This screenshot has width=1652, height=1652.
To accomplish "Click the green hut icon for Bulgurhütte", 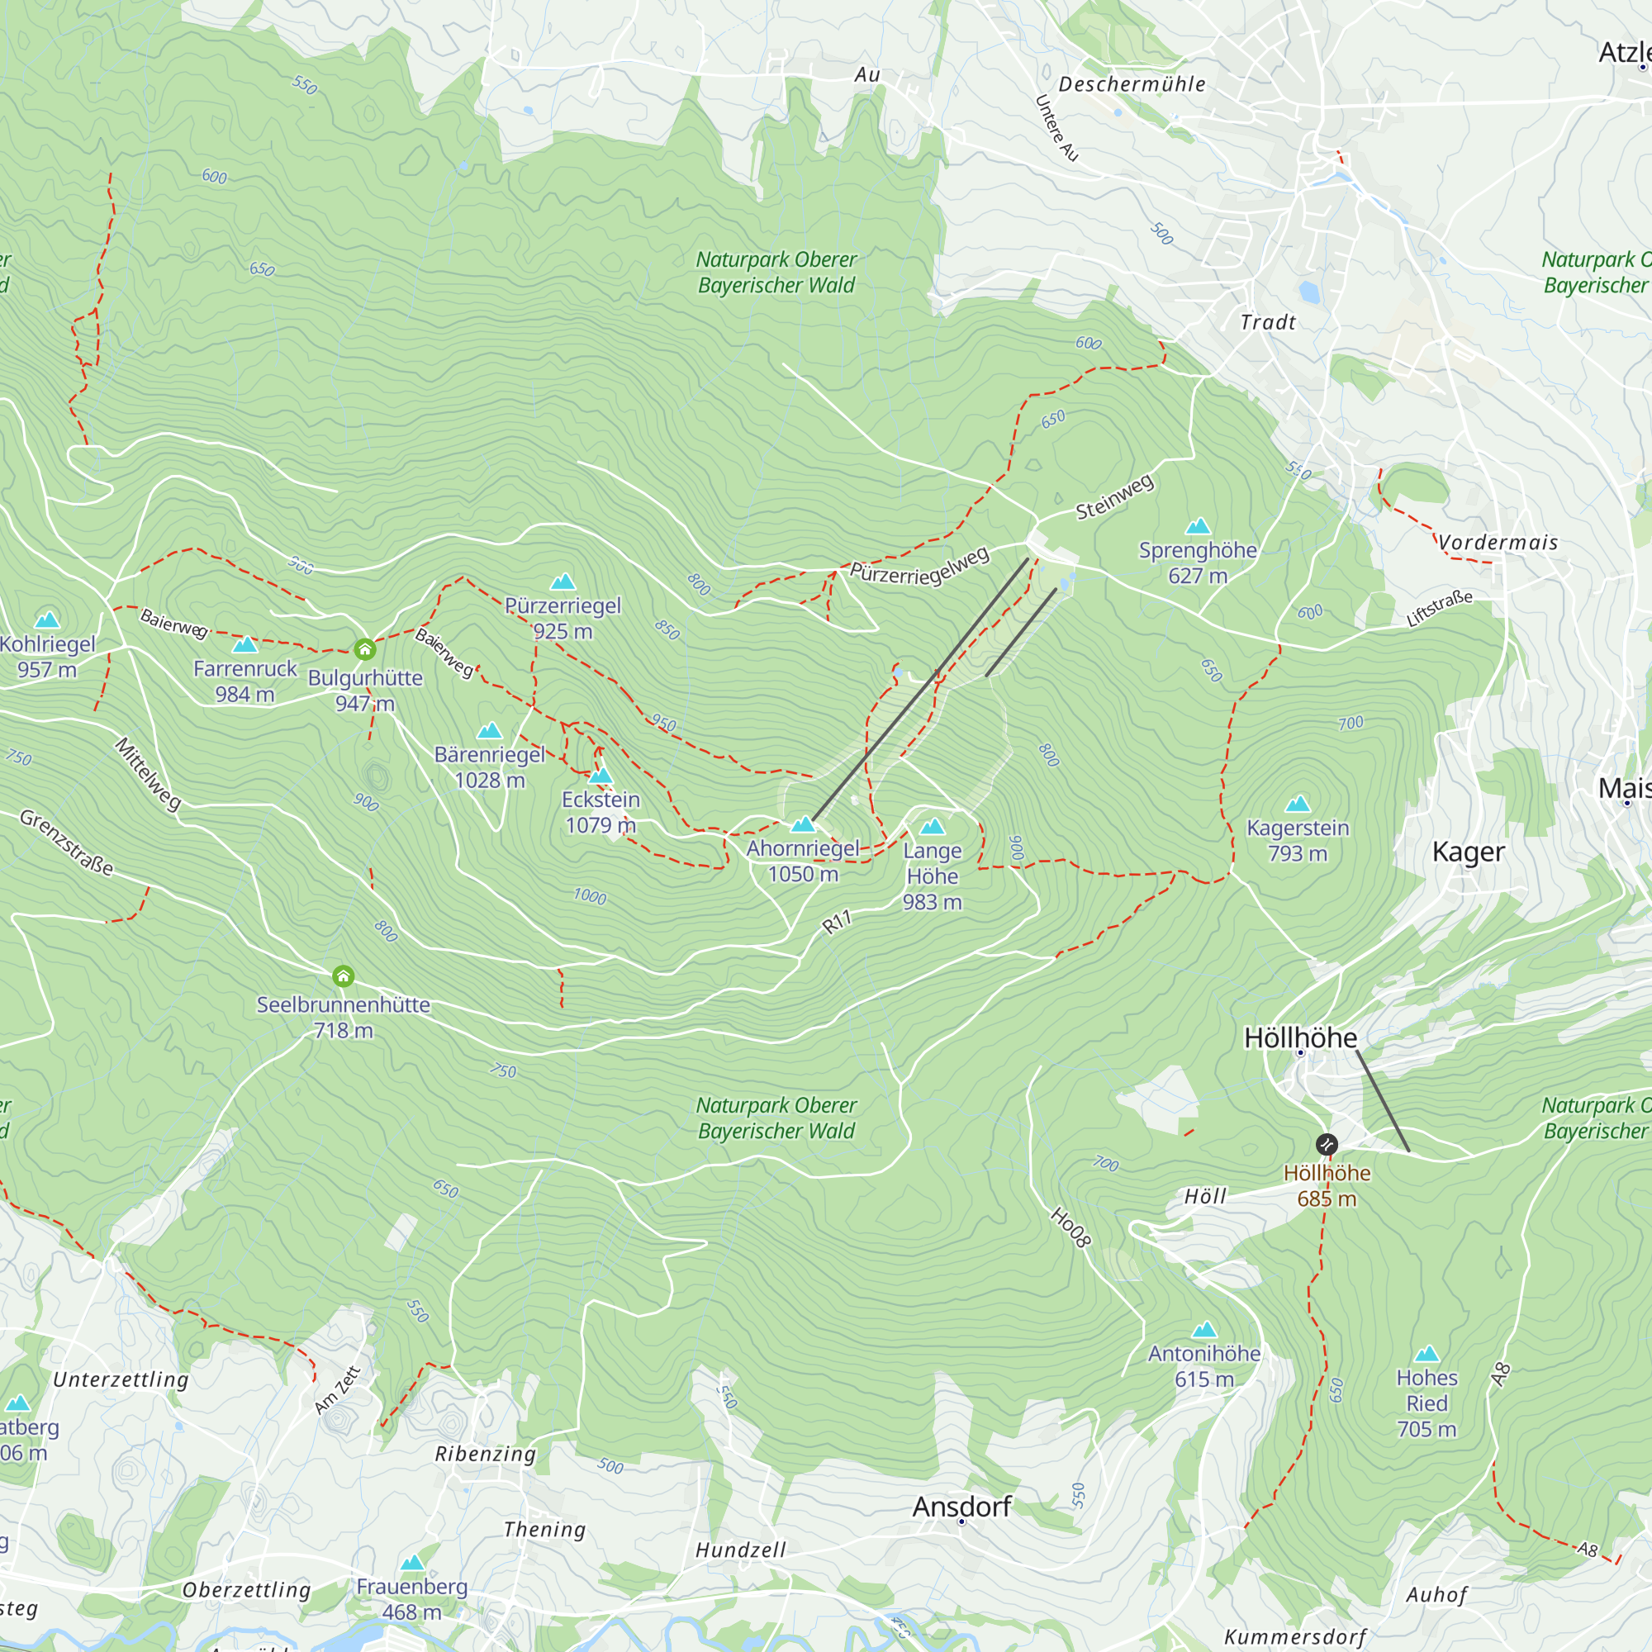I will tap(365, 650).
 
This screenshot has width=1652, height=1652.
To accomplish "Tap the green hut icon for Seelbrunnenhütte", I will tap(343, 976).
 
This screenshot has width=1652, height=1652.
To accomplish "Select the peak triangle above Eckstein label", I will tap(601, 776).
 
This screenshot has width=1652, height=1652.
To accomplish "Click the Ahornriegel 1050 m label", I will tap(803, 861).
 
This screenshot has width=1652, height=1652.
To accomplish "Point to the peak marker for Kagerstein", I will tap(1298, 804).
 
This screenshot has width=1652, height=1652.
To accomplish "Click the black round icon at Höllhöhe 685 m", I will tap(1327, 1144).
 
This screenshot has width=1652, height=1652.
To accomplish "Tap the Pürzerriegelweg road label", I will tap(919, 566).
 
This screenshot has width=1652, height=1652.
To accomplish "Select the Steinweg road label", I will tap(1115, 496).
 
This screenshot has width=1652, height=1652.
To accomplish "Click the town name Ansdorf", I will tap(962, 1506).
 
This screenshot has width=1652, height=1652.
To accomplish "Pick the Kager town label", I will tap(1468, 852).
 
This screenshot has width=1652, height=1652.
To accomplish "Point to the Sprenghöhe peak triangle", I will tap(1198, 526).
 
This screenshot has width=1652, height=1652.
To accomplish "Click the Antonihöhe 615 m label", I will tap(1204, 1365).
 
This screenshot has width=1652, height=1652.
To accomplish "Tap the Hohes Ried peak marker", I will tap(1427, 1355).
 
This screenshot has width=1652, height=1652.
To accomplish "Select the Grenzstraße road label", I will tap(67, 843).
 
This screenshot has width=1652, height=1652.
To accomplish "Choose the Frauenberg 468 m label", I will tap(412, 1599).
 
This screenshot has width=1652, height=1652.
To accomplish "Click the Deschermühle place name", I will tap(1132, 84).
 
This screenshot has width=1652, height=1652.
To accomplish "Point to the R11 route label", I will tap(837, 922).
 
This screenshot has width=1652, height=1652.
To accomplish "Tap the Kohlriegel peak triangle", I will tap(47, 620).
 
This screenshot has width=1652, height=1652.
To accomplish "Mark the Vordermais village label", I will tap(1498, 542).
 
